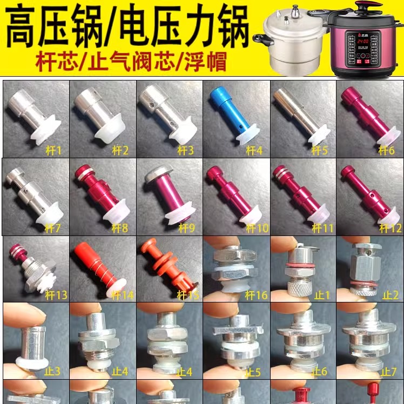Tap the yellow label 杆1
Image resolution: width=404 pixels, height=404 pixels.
54,150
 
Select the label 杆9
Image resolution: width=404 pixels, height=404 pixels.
187,228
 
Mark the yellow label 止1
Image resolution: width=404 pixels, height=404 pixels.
322,295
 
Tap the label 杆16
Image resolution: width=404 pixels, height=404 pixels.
257,295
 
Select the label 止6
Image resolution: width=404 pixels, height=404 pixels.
322,372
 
